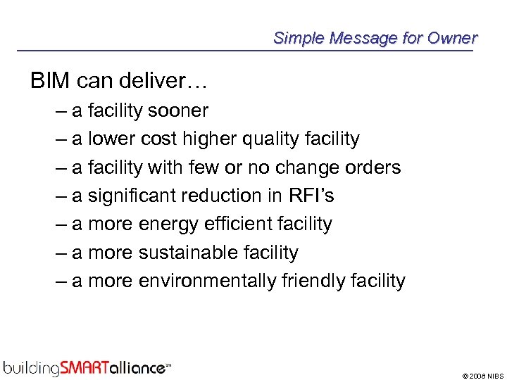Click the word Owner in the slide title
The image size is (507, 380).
(453, 38)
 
